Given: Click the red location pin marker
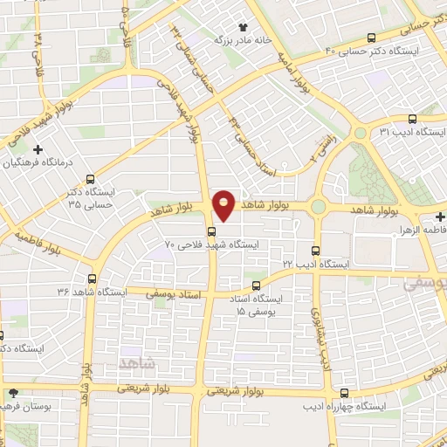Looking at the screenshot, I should click(223, 204).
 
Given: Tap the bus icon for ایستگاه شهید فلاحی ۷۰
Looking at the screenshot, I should click(211, 231).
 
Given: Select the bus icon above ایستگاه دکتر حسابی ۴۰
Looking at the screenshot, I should click(373, 38).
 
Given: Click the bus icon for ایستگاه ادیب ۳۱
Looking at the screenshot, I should click(412, 120).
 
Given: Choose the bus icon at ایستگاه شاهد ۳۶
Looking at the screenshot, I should click(91, 279).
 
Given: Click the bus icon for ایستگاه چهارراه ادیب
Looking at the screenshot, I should click(344, 393).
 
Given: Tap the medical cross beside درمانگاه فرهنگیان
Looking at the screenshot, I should click(38, 149).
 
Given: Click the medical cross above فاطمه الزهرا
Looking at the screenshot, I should click(441, 216).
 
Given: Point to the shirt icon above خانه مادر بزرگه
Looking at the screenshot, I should click(242, 27).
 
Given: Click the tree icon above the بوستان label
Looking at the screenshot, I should click(12, 393).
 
